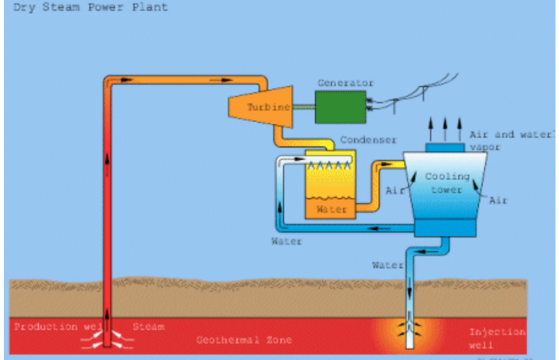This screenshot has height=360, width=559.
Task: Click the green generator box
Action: coord(340,107)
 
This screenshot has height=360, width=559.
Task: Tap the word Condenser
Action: coord(368,140)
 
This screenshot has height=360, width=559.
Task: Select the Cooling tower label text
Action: coord(447,183)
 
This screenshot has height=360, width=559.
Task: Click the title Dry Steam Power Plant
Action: coord(90,7)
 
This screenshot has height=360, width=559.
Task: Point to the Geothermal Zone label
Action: coord(244,340)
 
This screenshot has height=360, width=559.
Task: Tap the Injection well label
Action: coord(497,338)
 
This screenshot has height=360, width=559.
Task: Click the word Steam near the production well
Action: coord(148,327)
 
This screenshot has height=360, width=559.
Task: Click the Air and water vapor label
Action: coord(510,140)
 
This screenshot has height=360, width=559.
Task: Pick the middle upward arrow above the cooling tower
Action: coord(445,129)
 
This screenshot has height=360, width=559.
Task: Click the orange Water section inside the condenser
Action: coord(331,209)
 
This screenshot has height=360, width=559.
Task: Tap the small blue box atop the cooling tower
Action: coord(445,148)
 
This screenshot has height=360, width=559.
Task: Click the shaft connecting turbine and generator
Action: coord(303,107)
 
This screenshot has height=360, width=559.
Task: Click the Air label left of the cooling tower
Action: coord(394,191)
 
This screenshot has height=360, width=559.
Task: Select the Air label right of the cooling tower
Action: coord(498,201)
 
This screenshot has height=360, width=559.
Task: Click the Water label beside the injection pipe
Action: coord(387,266)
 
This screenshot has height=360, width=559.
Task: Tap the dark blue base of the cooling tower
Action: coord(445,228)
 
